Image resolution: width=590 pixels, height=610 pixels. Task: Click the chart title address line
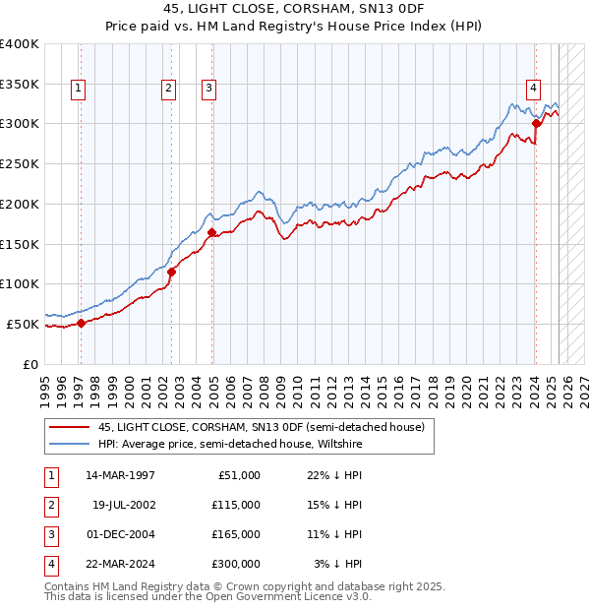click(x=295, y=9)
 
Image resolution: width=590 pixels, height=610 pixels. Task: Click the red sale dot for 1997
click(x=81, y=323)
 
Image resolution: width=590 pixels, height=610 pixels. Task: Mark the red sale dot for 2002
click(x=171, y=272)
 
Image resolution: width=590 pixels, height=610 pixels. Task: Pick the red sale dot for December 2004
click(x=212, y=232)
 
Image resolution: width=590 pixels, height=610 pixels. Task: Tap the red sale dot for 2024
click(x=536, y=123)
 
